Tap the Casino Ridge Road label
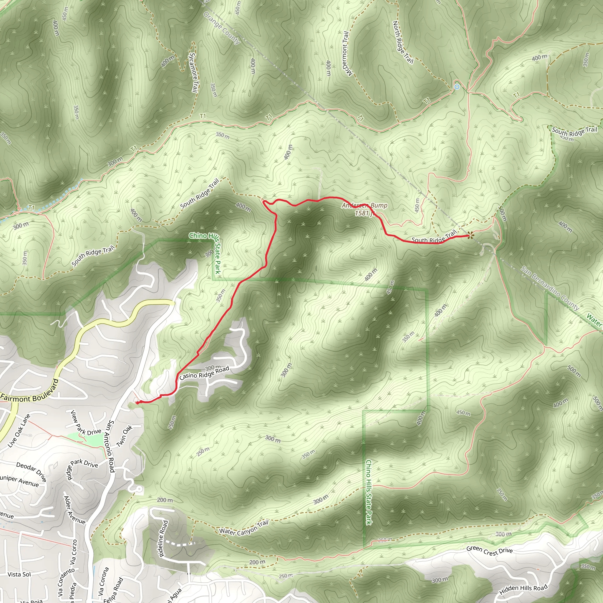point(204,373)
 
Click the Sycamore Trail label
point(194,72)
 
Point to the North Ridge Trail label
point(402,42)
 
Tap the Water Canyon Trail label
point(243,527)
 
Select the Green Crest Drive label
point(489,551)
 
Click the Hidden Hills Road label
point(523,589)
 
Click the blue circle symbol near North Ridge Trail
point(457,87)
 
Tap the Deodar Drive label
point(32,472)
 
